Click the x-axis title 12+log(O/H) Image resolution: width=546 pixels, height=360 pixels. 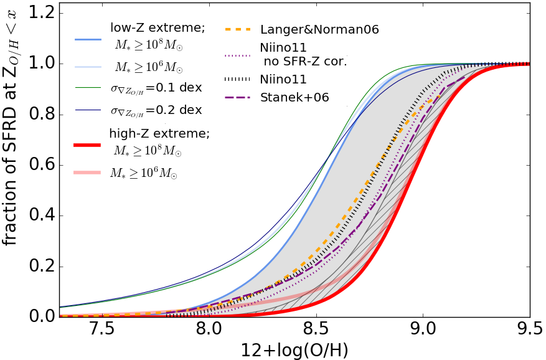(x=294, y=349)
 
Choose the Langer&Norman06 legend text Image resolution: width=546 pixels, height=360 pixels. (x=319, y=29)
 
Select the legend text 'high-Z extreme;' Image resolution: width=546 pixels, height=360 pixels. (x=159, y=133)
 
